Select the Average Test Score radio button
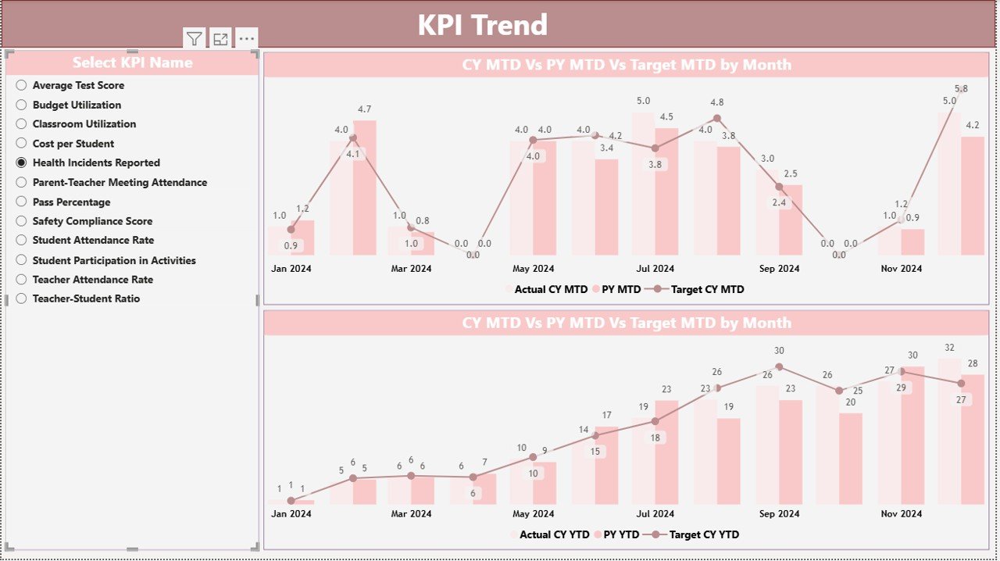[x=22, y=85]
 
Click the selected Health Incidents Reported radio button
[x=22, y=163]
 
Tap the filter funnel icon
[x=195, y=39]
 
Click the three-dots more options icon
[x=246, y=39]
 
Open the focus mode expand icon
[x=220, y=39]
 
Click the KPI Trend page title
[x=482, y=25]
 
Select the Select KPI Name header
[x=132, y=63]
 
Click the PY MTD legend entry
[x=620, y=289]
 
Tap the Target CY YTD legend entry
[x=703, y=534]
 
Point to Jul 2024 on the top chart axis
[x=655, y=268]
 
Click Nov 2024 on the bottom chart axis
[x=901, y=513]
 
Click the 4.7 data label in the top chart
[x=364, y=109]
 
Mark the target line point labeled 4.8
[x=716, y=119]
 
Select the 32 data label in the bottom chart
[x=949, y=348]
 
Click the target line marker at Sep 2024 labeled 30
[x=779, y=366]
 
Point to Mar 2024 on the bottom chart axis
[x=411, y=513]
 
